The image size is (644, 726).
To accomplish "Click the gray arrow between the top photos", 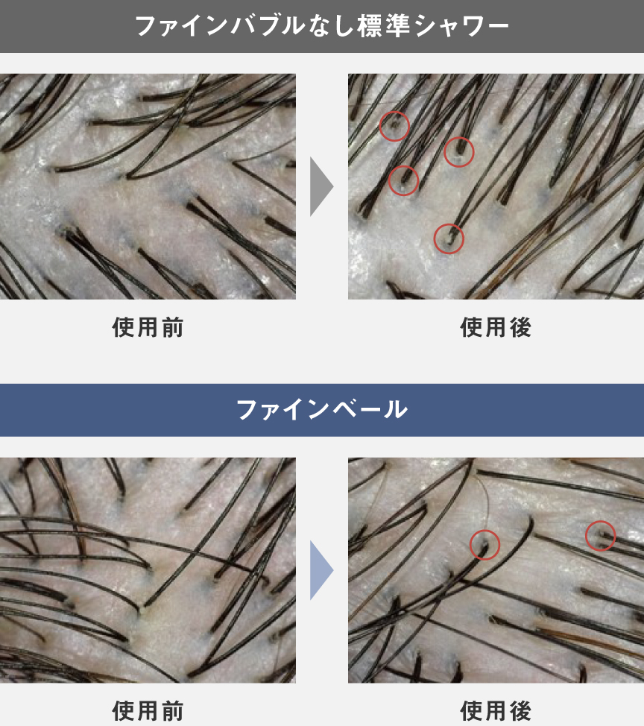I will coord(321,187).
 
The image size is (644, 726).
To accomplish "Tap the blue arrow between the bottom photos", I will coord(321,570).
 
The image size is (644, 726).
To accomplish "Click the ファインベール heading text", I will coord(322,410).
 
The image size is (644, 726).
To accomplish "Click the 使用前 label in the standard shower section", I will coord(148,327).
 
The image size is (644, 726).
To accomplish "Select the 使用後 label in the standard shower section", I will coord(496,327).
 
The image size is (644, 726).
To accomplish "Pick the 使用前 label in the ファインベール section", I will coord(148,710).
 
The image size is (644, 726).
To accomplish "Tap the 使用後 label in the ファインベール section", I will coord(496,710).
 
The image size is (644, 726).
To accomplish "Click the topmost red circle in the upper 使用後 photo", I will coord(394,126).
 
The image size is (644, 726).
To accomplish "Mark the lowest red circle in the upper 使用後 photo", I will coord(449,239).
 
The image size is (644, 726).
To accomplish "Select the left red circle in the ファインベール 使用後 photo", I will coord(484,544).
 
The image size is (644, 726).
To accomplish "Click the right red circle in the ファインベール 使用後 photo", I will coord(600,535).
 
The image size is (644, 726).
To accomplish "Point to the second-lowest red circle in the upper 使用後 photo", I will coord(403,180).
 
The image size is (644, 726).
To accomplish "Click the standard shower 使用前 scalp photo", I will coord(148,186).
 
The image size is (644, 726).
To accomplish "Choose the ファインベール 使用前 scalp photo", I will coord(148,570).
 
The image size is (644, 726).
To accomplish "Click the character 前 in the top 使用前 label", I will coord(173,327).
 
